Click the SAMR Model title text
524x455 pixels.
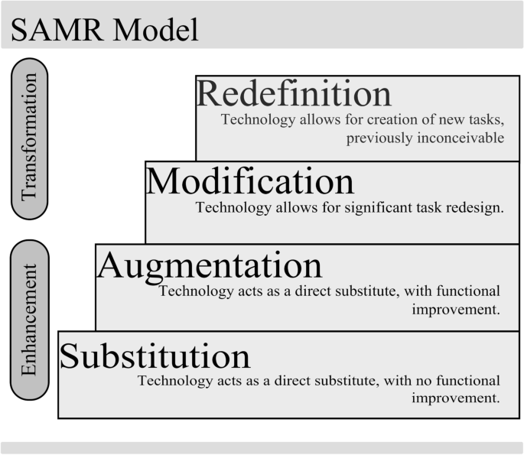[x=104, y=30]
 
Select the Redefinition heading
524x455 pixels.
[x=294, y=94]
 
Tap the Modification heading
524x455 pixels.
[x=250, y=181]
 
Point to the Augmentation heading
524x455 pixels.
[x=210, y=265]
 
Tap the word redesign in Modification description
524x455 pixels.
[x=477, y=207]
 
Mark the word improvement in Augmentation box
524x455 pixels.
[x=456, y=310]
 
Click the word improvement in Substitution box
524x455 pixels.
[x=456, y=398]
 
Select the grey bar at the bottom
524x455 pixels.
[x=262, y=447]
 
